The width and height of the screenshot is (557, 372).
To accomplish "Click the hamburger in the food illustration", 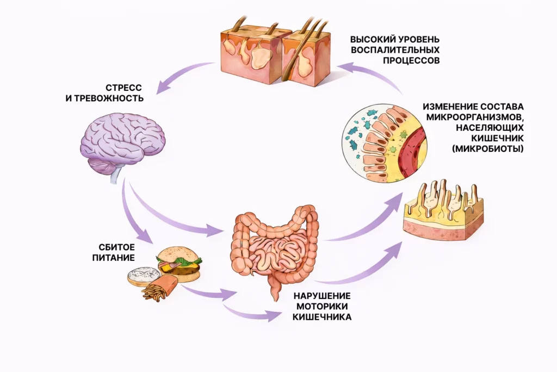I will (x=180, y=263).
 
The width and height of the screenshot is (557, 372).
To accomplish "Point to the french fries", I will (x=158, y=288).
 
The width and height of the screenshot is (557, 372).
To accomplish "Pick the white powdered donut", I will (x=144, y=276).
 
